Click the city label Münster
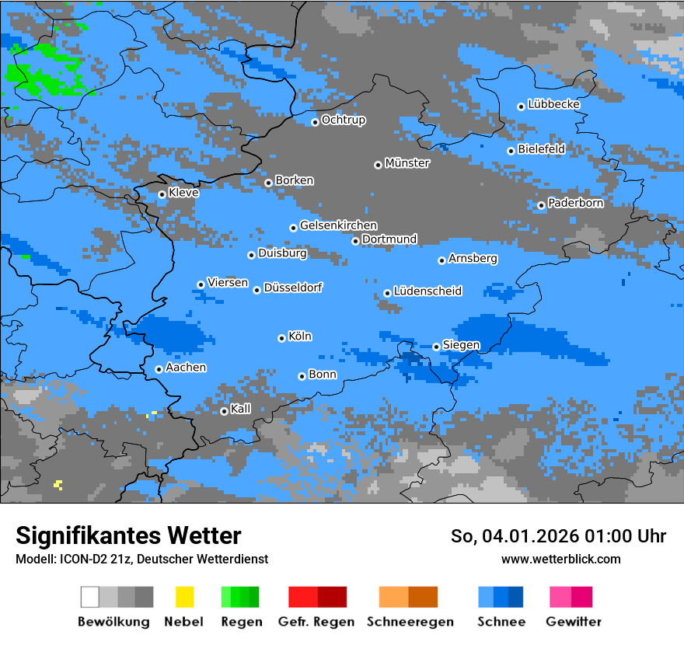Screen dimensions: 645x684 pyautogui.click(x=407, y=163)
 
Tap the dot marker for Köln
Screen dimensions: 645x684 pyautogui.click(x=281, y=338)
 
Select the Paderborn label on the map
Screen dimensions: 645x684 pyautogui.click(x=575, y=203)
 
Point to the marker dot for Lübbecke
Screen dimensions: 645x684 pyautogui.click(x=521, y=106)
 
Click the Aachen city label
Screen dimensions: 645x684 pyautogui.click(x=186, y=368)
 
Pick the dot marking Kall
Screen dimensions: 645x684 pyautogui.click(x=224, y=411)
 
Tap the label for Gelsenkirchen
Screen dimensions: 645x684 pyautogui.click(x=338, y=225)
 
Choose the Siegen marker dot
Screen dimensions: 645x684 pyautogui.click(x=436, y=347)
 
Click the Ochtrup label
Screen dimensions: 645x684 pyautogui.click(x=344, y=120)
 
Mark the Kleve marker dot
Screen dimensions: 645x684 pyautogui.click(x=162, y=194)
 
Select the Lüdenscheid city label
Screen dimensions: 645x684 pyautogui.click(x=427, y=291)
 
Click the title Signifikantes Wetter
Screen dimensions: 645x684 pyautogui.click(x=128, y=535)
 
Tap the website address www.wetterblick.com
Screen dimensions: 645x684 pyautogui.click(x=560, y=559)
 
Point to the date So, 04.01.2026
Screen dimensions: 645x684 pyautogui.click(x=514, y=536)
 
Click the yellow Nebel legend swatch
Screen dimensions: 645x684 pyautogui.click(x=184, y=597)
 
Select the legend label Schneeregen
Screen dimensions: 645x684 pyautogui.click(x=410, y=622)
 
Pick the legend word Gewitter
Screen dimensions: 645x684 pyautogui.click(x=573, y=622)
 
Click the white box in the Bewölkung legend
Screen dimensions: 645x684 pyautogui.click(x=90, y=597)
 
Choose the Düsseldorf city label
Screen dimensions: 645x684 pyautogui.click(x=293, y=288)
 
